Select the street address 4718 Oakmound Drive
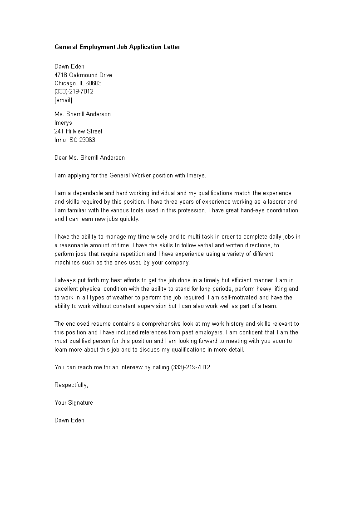83,75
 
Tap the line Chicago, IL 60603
78,83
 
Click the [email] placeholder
63,100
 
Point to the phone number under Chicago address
74,91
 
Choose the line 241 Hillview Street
78,132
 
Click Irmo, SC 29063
74,140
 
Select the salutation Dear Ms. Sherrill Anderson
90,158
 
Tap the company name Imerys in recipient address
63,123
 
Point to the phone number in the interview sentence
191,367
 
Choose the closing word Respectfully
71,385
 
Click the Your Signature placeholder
74,402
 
